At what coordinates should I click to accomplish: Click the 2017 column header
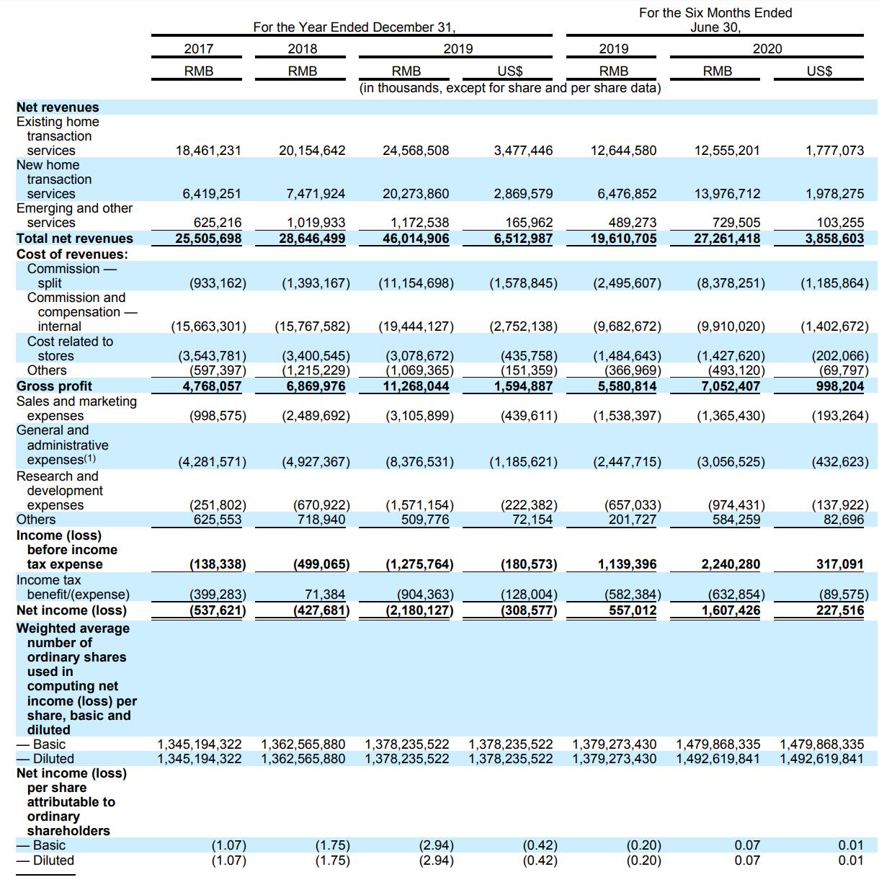pos(198,49)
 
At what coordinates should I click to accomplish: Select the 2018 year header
pos(302,49)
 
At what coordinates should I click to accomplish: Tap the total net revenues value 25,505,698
pos(208,239)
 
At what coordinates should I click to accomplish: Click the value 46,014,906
pos(416,239)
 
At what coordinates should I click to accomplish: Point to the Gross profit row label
pos(54,386)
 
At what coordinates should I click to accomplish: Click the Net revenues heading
pos(58,107)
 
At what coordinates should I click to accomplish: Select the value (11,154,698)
pos(416,283)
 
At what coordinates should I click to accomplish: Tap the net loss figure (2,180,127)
pos(416,610)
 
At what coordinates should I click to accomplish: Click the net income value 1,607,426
pos(731,610)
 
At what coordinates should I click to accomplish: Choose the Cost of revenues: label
pos(72,254)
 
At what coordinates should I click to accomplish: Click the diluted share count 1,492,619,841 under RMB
pos(718,759)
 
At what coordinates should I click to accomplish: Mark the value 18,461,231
pos(208,151)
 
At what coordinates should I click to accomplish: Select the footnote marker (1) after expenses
pos(90,458)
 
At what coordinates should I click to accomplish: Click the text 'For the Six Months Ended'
pos(715,13)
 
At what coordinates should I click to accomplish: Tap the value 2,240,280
pos(731,564)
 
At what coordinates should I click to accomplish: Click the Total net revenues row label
pos(75,239)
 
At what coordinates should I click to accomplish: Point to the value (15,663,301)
pos(208,326)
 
